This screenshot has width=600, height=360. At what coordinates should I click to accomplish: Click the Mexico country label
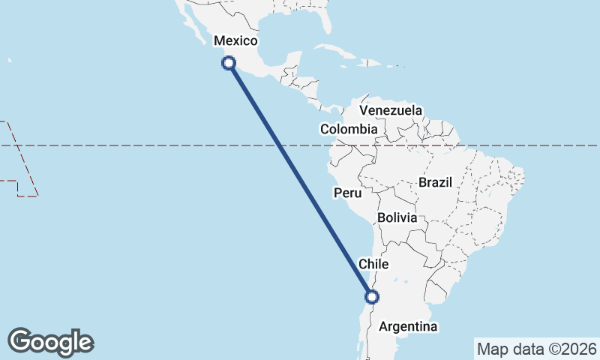coord(235,41)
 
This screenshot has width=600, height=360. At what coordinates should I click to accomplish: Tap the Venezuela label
coord(390,110)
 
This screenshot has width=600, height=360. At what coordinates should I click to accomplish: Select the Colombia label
coord(349,129)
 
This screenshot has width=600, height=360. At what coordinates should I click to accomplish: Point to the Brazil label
coord(436,182)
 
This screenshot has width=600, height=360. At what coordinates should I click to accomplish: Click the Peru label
coord(347,193)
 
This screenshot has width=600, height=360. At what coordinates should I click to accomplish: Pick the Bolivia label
coord(397,217)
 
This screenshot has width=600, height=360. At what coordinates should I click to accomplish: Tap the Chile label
coord(373,264)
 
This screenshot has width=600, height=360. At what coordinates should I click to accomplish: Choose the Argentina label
coord(408,326)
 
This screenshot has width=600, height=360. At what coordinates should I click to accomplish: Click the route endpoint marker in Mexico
coord(229,64)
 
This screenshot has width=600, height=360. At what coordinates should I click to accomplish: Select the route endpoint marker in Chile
coord(371,297)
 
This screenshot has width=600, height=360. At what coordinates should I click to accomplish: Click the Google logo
coord(50,342)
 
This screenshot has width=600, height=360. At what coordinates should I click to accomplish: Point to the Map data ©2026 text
coord(537,349)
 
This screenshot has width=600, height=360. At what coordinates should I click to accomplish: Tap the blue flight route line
coord(300,180)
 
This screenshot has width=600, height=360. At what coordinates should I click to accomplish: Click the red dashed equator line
coord(150,145)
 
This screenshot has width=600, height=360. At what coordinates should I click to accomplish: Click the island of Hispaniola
coord(366,64)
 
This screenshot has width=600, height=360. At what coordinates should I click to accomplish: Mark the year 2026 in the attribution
coord(582,349)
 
